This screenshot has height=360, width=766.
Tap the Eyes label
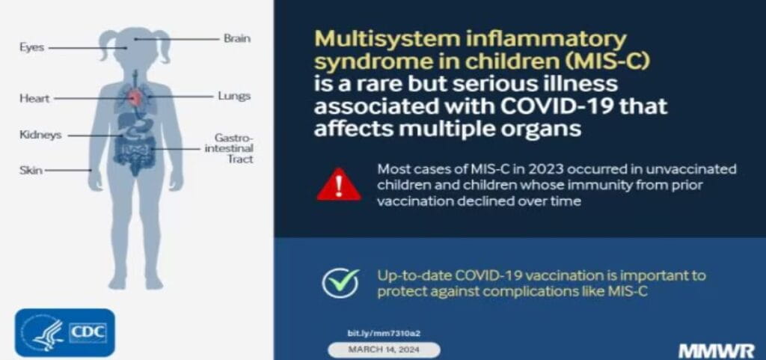point(32,47)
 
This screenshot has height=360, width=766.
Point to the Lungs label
point(233,96)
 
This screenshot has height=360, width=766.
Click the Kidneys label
point(40,135)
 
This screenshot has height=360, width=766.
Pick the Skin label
point(31,170)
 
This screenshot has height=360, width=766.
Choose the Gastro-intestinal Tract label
point(233,149)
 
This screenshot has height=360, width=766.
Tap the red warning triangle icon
point(338,184)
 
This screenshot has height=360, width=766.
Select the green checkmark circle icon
point(340,282)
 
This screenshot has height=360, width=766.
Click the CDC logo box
point(65,332)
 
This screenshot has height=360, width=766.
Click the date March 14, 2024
point(384,350)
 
